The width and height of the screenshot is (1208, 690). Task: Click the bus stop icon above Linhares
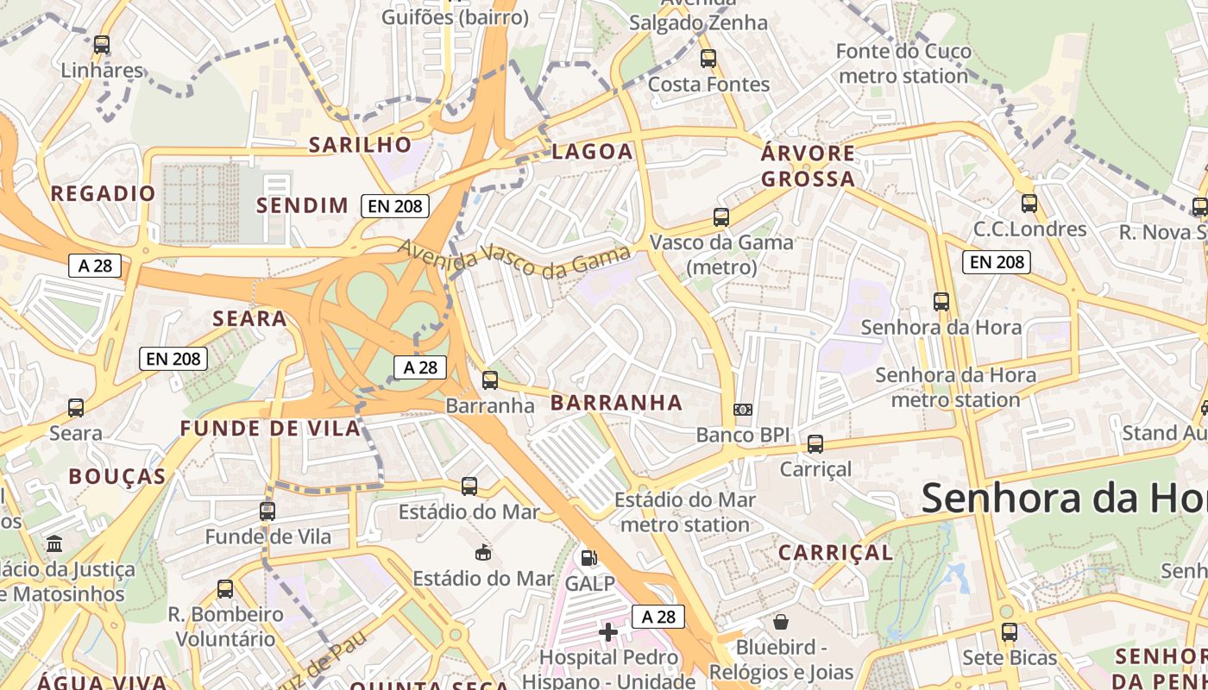(x=102, y=44)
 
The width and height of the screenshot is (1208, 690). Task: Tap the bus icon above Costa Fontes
(x=708, y=59)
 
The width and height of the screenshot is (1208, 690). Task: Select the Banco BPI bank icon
(x=742, y=410)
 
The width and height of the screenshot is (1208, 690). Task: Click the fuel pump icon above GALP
(x=589, y=558)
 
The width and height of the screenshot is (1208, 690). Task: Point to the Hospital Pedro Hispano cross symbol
(x=608, y=632)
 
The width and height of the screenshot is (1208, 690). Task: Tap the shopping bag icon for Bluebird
(x=781, y=622)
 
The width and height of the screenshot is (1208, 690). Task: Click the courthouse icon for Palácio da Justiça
(x=55, y=543)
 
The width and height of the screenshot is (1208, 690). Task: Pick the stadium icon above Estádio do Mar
(x=483, y=552)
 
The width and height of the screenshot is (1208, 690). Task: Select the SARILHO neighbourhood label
(x=361, y=144)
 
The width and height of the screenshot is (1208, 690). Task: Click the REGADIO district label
(x=104, y=193)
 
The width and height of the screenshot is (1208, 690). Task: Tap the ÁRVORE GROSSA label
(x=808, y=166)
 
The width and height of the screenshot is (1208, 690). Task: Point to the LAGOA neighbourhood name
(x=593, y=152)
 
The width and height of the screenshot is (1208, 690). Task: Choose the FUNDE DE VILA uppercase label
(x=270, y=429)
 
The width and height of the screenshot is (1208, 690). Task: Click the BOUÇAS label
(x=117, y=477)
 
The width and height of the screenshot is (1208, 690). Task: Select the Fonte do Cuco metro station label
(x=903, y=64)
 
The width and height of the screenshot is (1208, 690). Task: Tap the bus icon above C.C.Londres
(x=1029, y=204)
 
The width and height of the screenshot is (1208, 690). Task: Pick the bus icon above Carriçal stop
(x=815, y=444)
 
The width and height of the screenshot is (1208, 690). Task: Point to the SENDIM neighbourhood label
(x=303, y=205)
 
